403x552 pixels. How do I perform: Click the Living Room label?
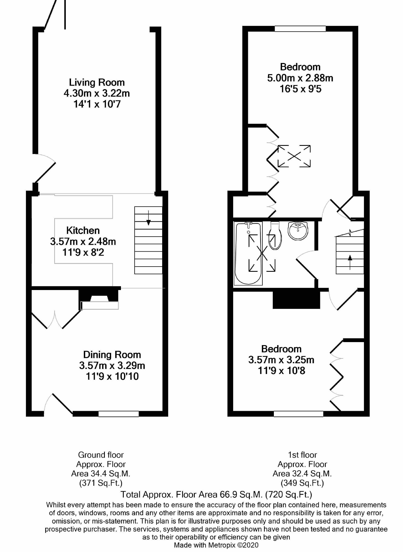pyautogui.click(x=97, y=82)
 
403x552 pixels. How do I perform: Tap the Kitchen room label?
pyautogui.click(x=83, y=231)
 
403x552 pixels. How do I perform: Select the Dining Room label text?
pyautogui.click(x=112, y=355)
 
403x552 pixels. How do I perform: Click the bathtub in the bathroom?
pyautogui.click(x=248, y=253)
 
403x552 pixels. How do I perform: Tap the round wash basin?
pyautogui.click(x=298, y=231)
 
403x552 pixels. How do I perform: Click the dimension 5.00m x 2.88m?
pyautogui.click(x=300, y=78)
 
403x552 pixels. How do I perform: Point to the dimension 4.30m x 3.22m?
pyautogui.click(x=97, y=93)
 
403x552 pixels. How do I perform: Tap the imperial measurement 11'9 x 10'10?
pyautogui.click(x=112, y=376)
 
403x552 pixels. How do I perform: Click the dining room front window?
pyautogui.click(x=118, y=414)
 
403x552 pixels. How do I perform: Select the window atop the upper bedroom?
pyautogui.click(x=300, y=29)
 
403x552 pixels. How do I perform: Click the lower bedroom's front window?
pyautogui.click(x=298, y=414)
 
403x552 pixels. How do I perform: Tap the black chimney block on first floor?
pyautogui.click(x=297, y=300)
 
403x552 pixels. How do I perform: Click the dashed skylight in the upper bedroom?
pyautogui.click(x=294, y=156)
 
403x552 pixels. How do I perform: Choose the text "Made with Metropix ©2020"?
pyautogui.click(x=216, y=545)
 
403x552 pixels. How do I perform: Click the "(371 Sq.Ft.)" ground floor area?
pyautogui.click(x=101, y=483)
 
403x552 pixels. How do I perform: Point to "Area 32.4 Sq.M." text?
pyautogui.click(x=302, y=474)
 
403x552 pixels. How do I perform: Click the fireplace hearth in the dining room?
pyautogui.click(x=100, y=305)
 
